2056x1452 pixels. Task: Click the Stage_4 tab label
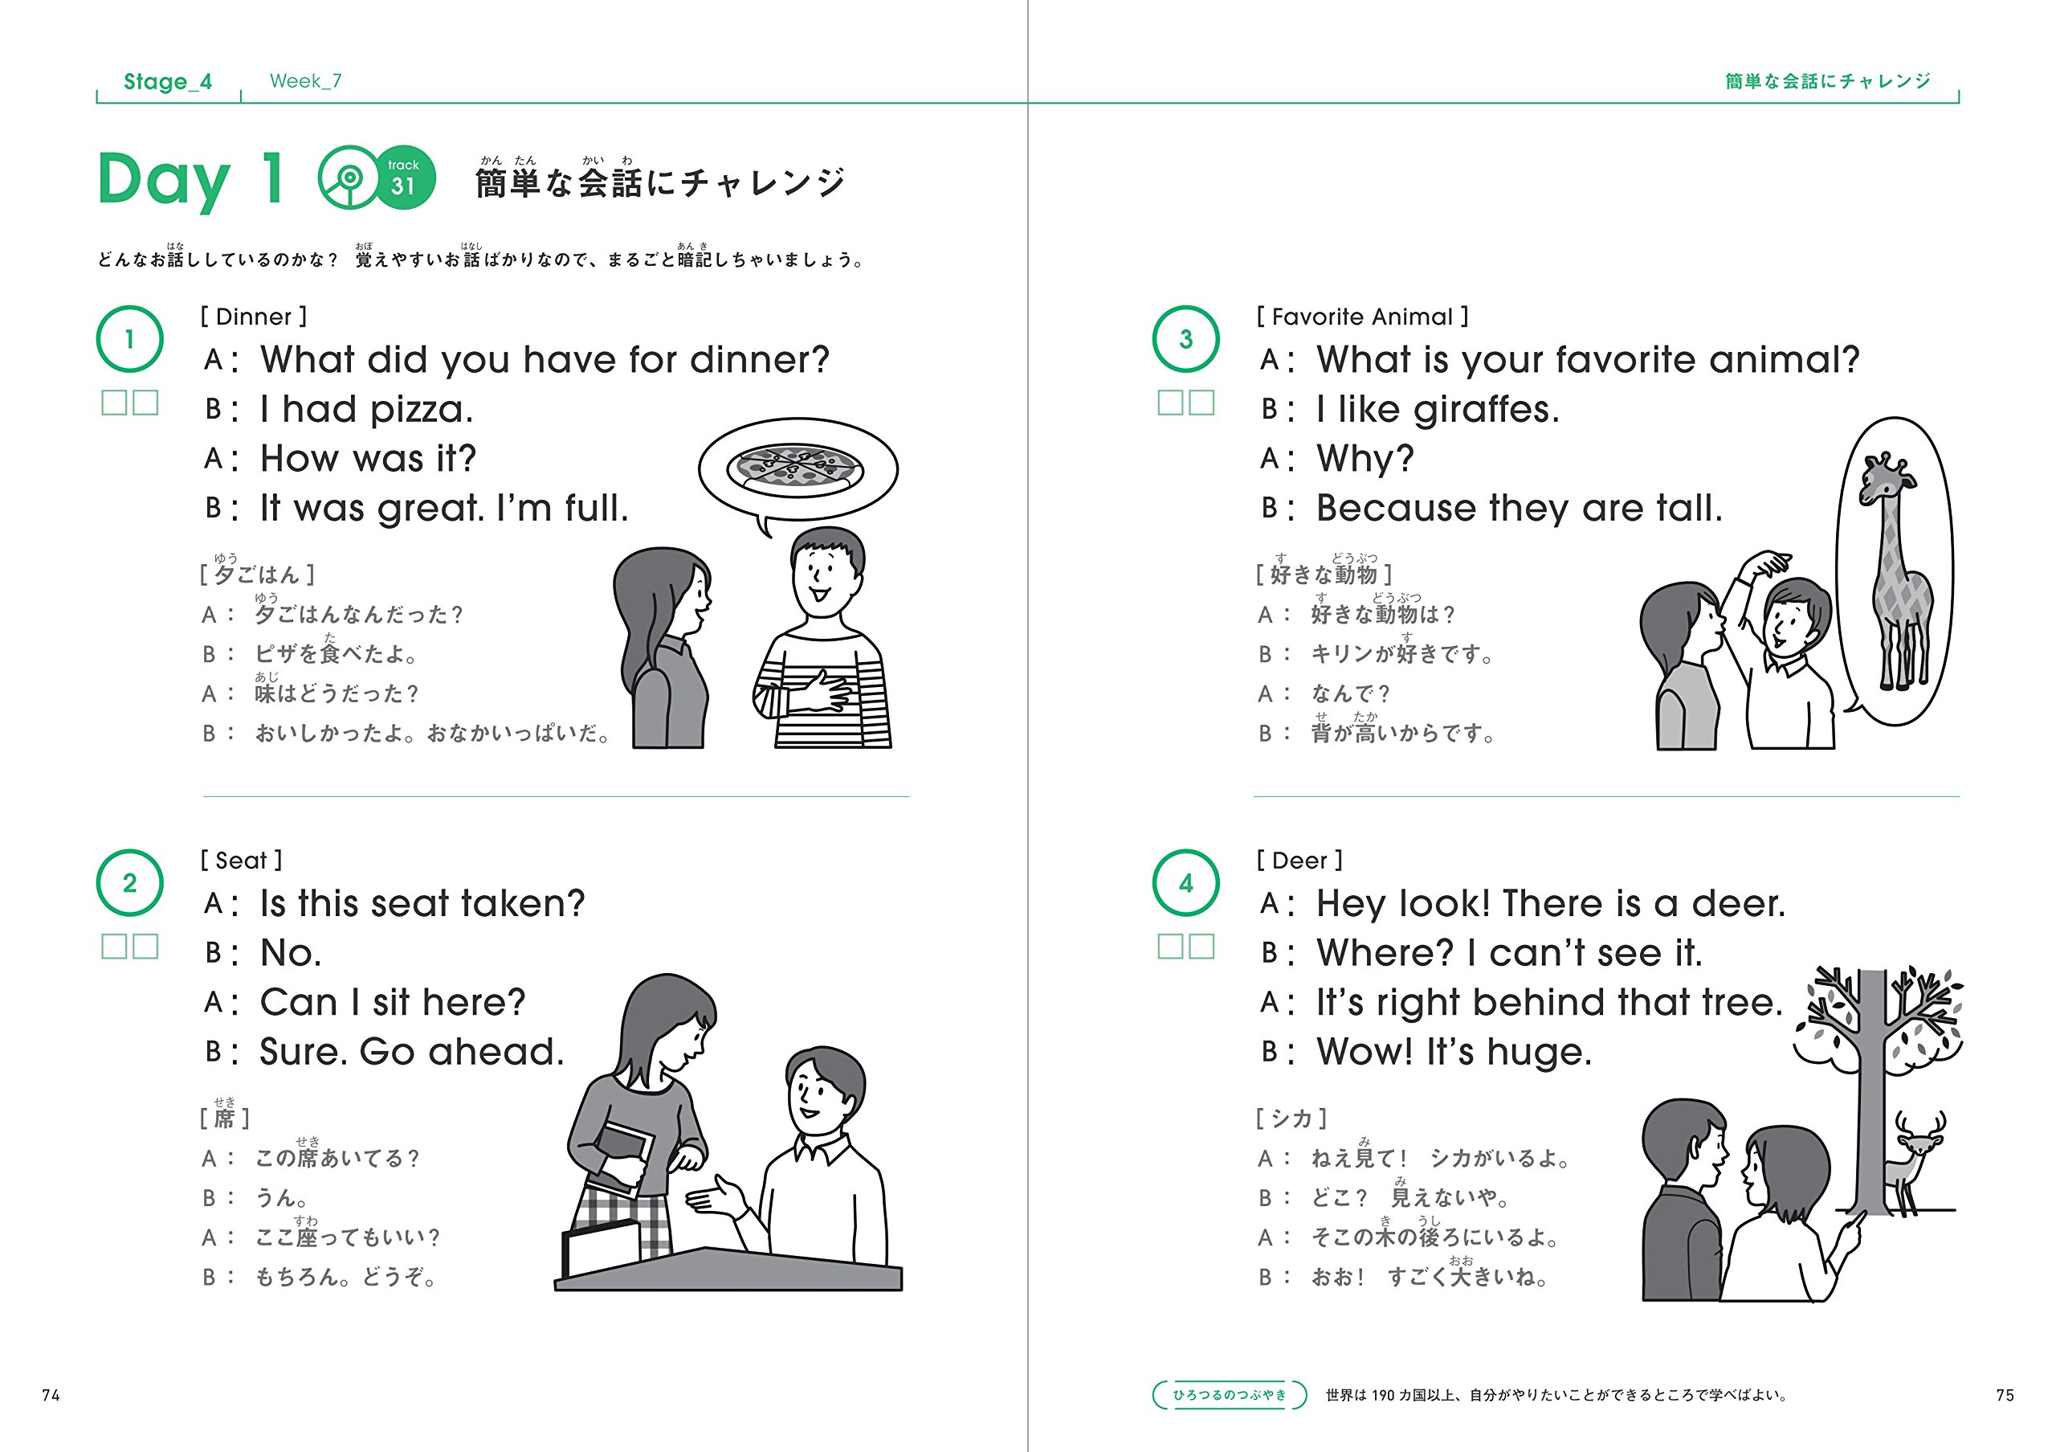pyautogui.click(x=168, y=81)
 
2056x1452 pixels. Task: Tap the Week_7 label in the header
pyautogui.click(x=305, y=80)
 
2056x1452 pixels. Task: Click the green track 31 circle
pyautogui.click(x=404, y=178)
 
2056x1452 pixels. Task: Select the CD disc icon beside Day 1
pyautogui.click(x=349, y=178)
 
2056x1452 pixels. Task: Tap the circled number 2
pyautogui.click(x=130, y=883)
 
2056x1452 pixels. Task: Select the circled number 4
pyautogui.click(x=1185, y=883)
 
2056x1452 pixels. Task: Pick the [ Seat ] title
pyautogui.click(x=241, y=861)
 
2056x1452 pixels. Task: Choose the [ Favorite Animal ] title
pyautogui.click(x=1362, y=317)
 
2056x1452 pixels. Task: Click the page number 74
pyautogui.click(x=51, y=1395)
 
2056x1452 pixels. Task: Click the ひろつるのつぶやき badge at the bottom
pyautogui.click(x=1230, y=1395)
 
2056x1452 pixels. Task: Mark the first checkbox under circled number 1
pyautogui.click(x=115, y=403)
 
